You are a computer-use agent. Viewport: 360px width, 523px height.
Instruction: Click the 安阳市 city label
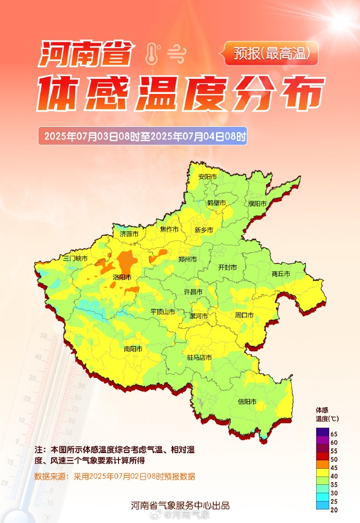(207, 177)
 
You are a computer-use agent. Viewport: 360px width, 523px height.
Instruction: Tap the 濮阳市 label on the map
(257, 204)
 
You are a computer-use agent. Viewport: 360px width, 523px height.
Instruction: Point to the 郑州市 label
(187, 259)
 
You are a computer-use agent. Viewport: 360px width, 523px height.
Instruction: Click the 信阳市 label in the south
(247, 401)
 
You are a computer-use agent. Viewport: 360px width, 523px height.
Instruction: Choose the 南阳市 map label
(133, 349)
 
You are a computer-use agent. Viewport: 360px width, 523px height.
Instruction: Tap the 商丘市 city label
(281, 274)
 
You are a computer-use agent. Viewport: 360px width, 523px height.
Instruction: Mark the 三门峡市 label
(75, 258)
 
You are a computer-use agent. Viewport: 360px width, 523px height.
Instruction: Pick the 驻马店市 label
(199, 358)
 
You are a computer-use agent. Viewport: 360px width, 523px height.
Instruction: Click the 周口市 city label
(244, 315)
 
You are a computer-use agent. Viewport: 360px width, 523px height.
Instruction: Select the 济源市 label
(129, 234)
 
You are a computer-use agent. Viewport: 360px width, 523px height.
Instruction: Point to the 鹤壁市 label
(216, 203)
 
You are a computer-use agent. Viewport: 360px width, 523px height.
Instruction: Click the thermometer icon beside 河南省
(152, 53)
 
